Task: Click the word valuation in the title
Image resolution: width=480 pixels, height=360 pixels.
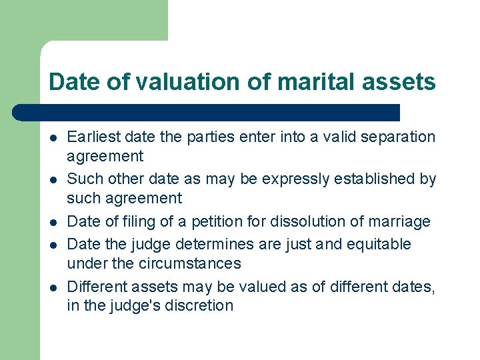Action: pos(176,82)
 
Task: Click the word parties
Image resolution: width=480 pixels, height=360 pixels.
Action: pos(209,137)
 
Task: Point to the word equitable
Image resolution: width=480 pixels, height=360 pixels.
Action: pos(376,245)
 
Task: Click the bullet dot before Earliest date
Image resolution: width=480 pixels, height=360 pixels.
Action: pos(52,138)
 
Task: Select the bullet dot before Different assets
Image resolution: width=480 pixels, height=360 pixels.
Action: pos(52,287)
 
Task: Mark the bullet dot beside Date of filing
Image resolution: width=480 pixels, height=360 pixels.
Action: pos(52,223)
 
